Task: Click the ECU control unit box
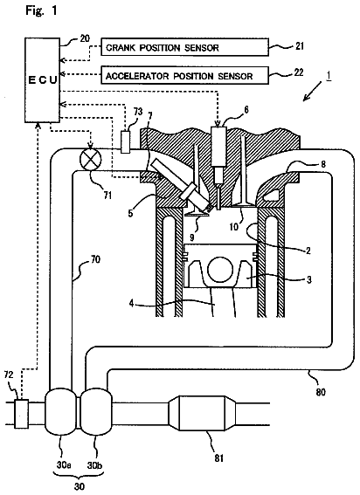42,80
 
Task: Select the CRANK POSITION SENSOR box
185,47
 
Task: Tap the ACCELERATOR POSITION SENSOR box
185,75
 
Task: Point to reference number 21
299,46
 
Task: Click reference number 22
299,72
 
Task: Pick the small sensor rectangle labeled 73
126,142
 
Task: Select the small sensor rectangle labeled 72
22,413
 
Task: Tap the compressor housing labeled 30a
61,413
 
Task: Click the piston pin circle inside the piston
220,269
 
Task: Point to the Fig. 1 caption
41,10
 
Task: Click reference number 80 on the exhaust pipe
320,392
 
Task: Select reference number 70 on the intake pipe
95,260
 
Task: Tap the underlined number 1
329,76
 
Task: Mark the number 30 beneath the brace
80,486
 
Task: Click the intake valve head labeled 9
197,214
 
